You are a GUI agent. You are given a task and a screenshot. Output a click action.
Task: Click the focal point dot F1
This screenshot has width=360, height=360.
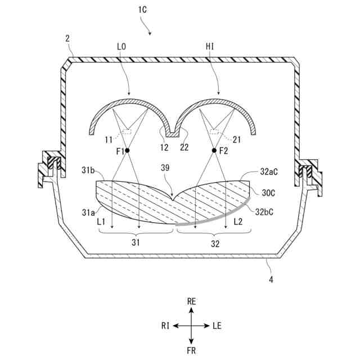tap(128, 151)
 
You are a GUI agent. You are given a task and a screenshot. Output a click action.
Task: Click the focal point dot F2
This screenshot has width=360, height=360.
tap(214, 151)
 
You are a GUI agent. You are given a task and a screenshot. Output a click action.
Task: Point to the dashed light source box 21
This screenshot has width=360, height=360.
tap(215, 133)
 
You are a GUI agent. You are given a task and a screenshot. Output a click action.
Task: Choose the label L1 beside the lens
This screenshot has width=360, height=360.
tap(102, 222)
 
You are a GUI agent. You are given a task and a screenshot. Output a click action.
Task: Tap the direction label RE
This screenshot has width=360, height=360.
tap(191, 302)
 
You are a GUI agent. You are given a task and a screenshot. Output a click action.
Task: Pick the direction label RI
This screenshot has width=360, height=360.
tap(165, 326)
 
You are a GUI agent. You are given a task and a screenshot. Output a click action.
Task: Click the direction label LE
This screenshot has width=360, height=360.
tap(218, 326)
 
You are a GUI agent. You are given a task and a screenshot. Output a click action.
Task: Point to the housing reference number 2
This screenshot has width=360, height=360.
tap(67, 38)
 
